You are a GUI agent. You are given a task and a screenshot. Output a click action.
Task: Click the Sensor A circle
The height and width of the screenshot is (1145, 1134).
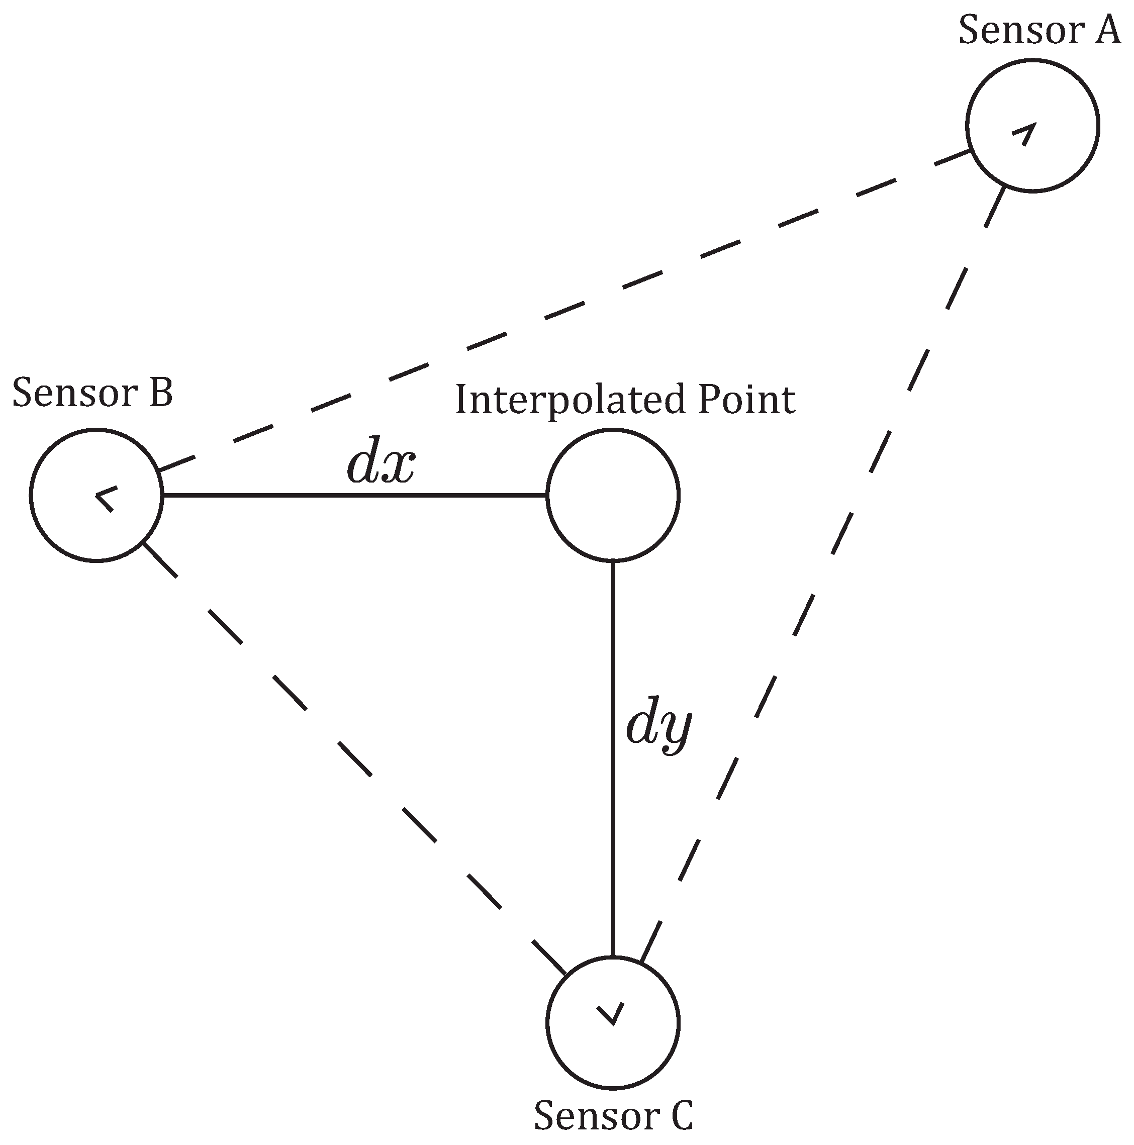coord(1032,126)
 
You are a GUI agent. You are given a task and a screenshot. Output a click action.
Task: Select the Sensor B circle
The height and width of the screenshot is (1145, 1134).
coord(96,495)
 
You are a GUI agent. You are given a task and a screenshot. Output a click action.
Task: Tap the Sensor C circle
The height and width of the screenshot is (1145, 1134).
coord(612,1022)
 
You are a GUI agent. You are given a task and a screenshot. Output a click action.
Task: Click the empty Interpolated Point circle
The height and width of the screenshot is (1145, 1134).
coord(612,495)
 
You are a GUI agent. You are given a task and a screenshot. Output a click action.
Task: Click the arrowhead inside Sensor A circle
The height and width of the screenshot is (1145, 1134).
coord(1025,133)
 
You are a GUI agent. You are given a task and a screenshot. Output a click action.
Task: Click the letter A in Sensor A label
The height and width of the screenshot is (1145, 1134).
coord(1106,31)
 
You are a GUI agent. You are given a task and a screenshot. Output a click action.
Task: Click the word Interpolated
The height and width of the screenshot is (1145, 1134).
coord(569,401)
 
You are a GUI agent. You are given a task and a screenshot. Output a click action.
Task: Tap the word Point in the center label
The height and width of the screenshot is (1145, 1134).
coord(746,401)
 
